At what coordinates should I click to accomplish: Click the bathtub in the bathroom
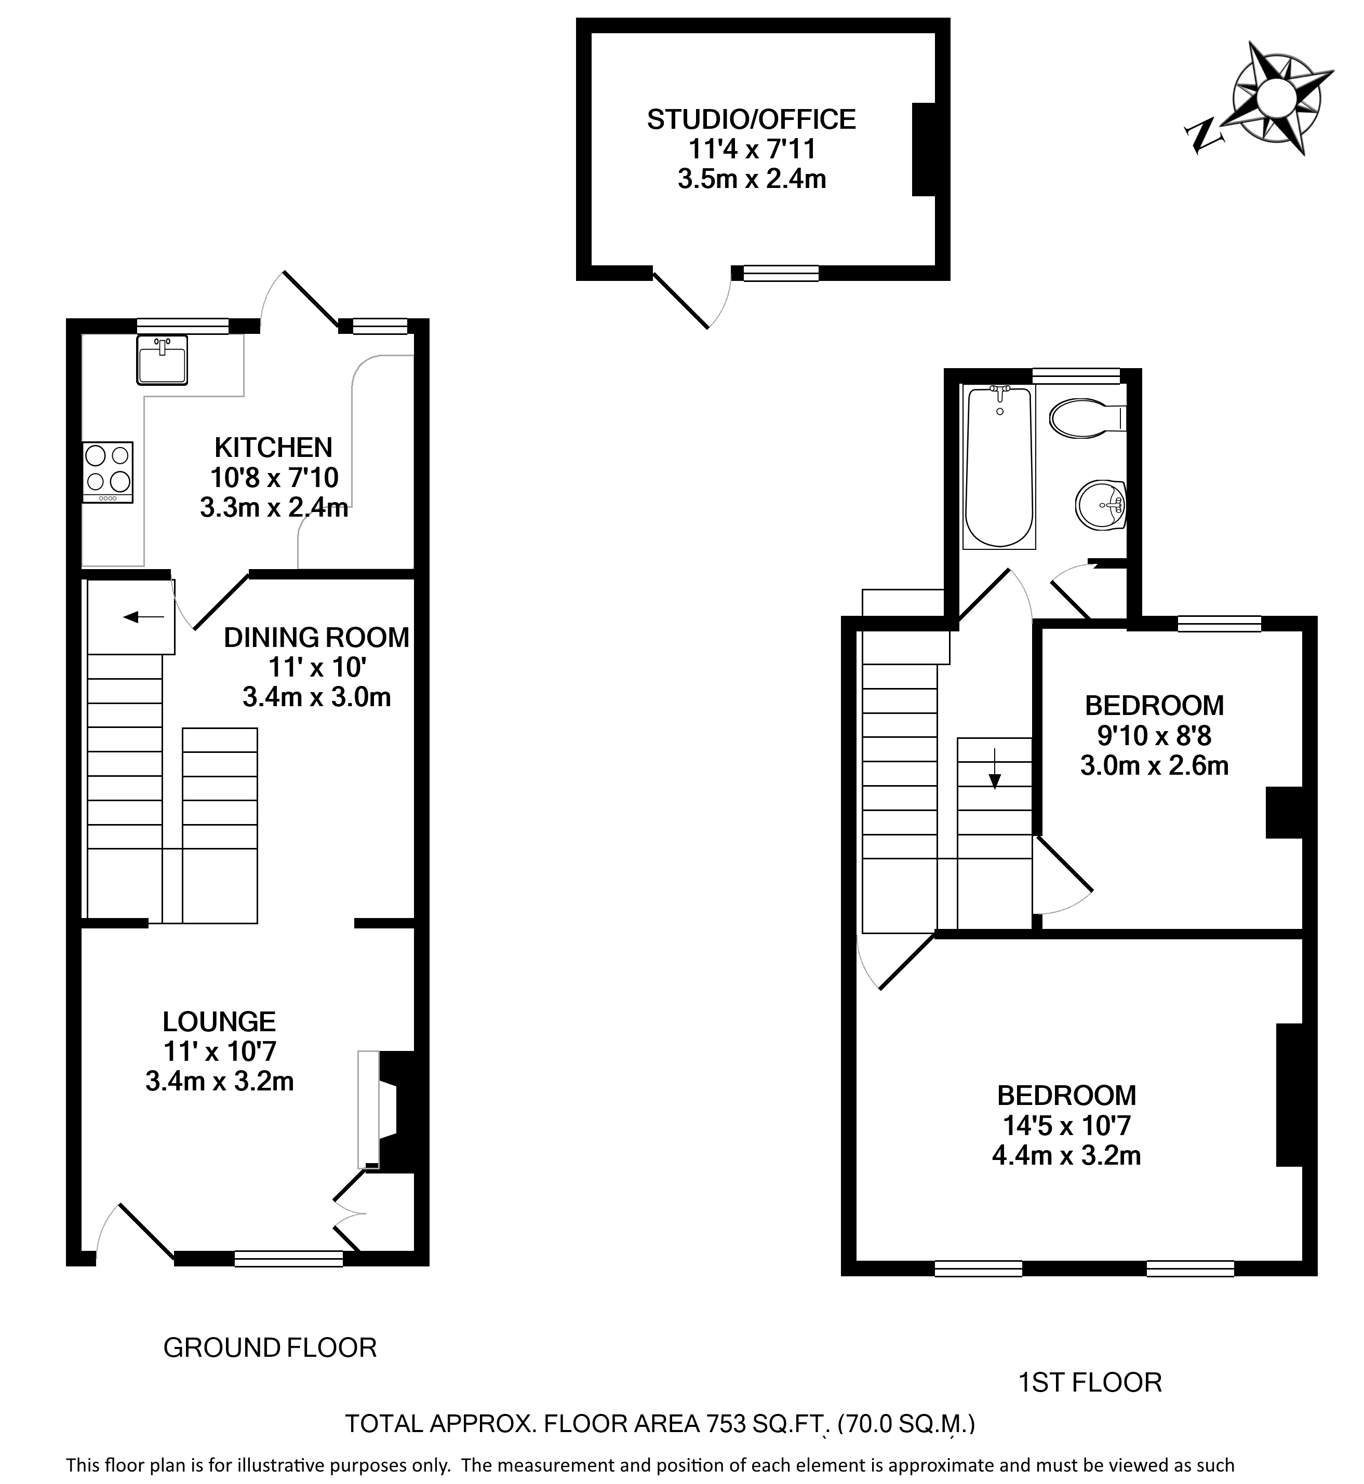(x=999, y=467)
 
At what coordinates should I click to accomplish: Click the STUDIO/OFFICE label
(x=752, y=119)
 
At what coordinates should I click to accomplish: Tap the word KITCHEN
(x=273, y=447)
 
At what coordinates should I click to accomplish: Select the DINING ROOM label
(x=317, y=638)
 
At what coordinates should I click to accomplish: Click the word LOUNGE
(x=219, y=1021)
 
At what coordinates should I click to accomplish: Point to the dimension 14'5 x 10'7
(x=1066, y=1125)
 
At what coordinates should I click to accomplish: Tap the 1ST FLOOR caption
(x=1090, y=1382)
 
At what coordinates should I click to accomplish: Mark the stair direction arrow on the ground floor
(x=143, y=616)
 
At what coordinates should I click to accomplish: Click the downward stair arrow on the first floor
(x=994, y=769)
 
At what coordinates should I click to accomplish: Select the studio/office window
(x=781, y=273)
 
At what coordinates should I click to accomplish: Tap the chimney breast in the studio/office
(x=924, y=149)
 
